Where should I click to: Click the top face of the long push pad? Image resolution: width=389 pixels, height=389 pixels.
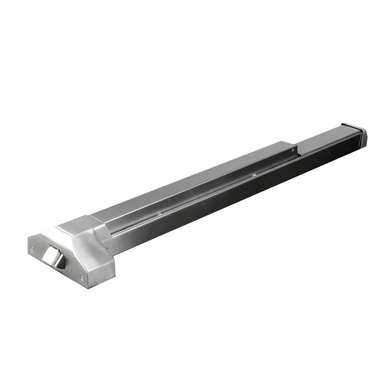pos(194,181)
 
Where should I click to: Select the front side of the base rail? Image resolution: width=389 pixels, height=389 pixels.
pos(233,194)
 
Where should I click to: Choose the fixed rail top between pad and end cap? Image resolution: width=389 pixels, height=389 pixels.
pos(323,136)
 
